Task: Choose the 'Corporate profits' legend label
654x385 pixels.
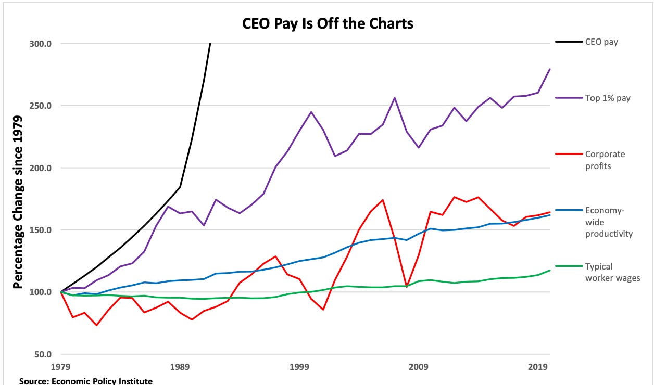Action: pos(604,160)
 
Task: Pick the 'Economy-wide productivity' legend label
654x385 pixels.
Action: pos(608,222)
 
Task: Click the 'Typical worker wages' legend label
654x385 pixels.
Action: pos(611,272)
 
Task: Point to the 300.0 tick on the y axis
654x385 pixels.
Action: pos(40,44)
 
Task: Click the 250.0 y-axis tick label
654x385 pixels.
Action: pos(40,106)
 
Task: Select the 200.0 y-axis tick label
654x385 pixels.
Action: pos(40,168)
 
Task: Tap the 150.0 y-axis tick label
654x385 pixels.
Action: pos(40,230)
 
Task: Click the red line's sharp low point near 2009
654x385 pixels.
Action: pos(407,287)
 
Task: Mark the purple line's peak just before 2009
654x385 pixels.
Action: pos(395,98)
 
